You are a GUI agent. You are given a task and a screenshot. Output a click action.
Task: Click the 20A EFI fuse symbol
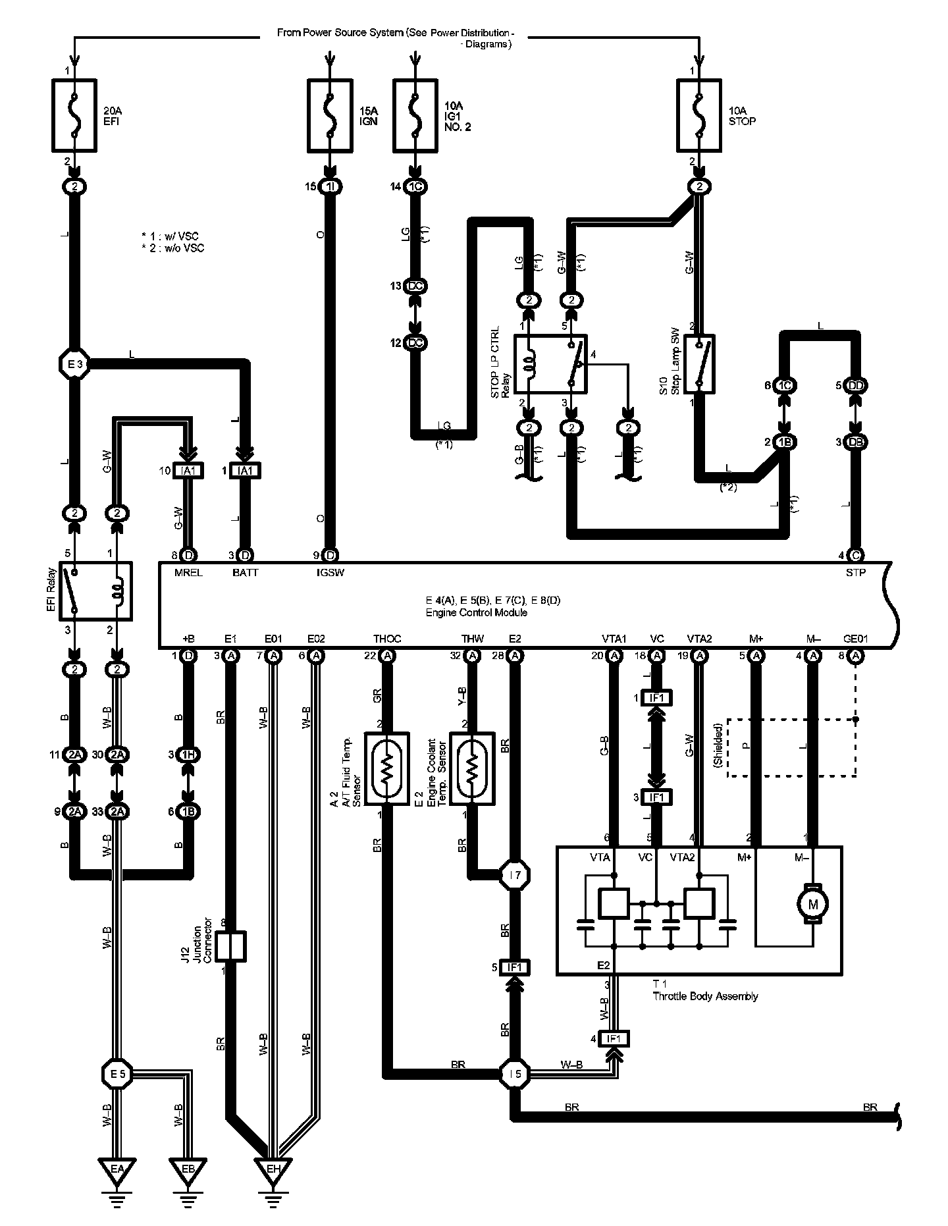point(74,116)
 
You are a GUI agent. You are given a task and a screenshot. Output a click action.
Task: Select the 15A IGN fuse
point(330,116)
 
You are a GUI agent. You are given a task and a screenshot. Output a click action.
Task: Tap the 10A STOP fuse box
point(699,116)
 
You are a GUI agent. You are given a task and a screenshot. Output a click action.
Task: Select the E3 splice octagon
point(74,363)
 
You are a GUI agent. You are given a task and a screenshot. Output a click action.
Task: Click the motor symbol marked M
point(813,904)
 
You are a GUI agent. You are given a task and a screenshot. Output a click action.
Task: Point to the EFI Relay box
point(95,591)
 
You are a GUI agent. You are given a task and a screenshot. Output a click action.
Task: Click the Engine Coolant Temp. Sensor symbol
point(472,767)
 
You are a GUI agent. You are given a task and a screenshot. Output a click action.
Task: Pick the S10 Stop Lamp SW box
point(699,364)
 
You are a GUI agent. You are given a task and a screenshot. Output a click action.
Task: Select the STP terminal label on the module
point(856,573)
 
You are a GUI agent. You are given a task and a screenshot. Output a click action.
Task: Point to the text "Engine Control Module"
point(476,612)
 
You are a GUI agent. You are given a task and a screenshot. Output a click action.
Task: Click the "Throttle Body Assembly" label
point(705,996)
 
